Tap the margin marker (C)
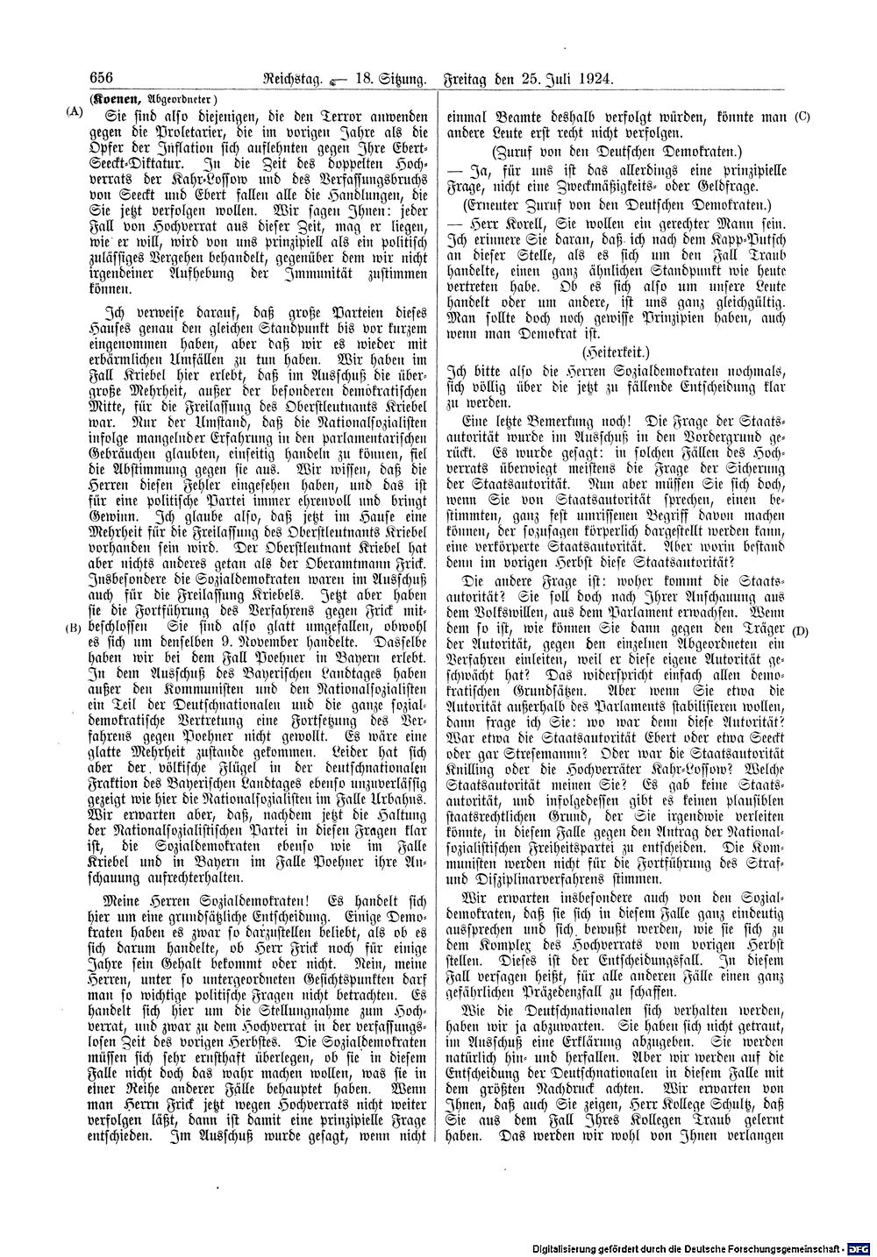(802, 116)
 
